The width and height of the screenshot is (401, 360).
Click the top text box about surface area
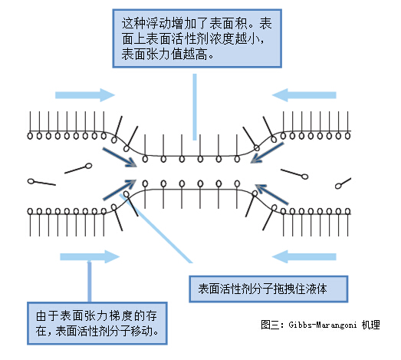point(196,36)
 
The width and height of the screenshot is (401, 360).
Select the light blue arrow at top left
point(85,94)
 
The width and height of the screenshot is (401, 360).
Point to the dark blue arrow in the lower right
point(271,193)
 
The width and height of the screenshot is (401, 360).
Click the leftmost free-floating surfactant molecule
point(41,182)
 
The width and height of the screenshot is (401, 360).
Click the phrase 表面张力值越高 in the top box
point(165,56)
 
